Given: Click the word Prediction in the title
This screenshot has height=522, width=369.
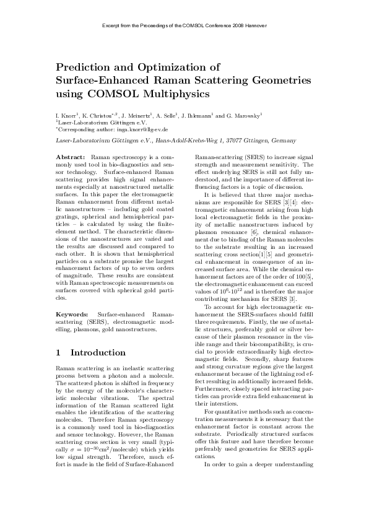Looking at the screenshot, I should click(x=84, y=66).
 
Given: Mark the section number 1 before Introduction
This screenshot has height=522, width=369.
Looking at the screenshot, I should click(x=58, y=353).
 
